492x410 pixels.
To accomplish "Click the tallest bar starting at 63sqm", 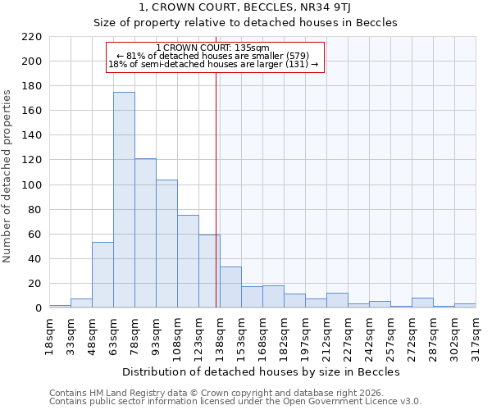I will (x=124, y=200).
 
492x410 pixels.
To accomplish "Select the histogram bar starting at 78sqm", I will (x=145, y=234).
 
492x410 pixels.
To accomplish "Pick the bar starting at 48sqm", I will (x=102, y=276).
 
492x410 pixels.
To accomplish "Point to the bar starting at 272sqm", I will (x=422, y=303).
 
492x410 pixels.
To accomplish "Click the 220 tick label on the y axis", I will (x=31, y=37).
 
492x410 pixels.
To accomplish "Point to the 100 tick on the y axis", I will (x=31, y=185).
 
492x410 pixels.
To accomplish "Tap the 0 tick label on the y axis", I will (x=38, y=308).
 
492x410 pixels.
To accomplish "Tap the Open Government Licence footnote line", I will (x=235, y=402).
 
